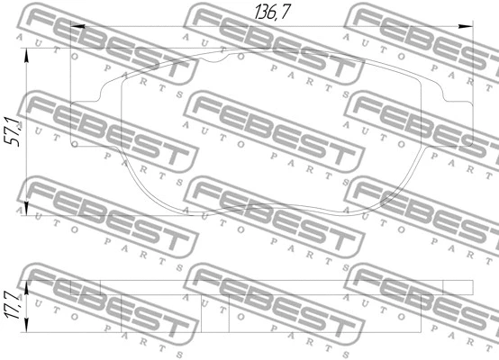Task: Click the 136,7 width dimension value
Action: (x=272, y=12)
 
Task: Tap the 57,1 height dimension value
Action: (x=14, y=131)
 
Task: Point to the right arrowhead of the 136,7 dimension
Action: (x=466, y=26)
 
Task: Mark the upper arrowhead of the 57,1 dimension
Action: (x=26, y=55)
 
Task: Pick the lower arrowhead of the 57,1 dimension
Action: (x=26, y=209)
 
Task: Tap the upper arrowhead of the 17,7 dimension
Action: (x=26, y=287)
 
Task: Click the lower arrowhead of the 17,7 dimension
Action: (x=26, y=325)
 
